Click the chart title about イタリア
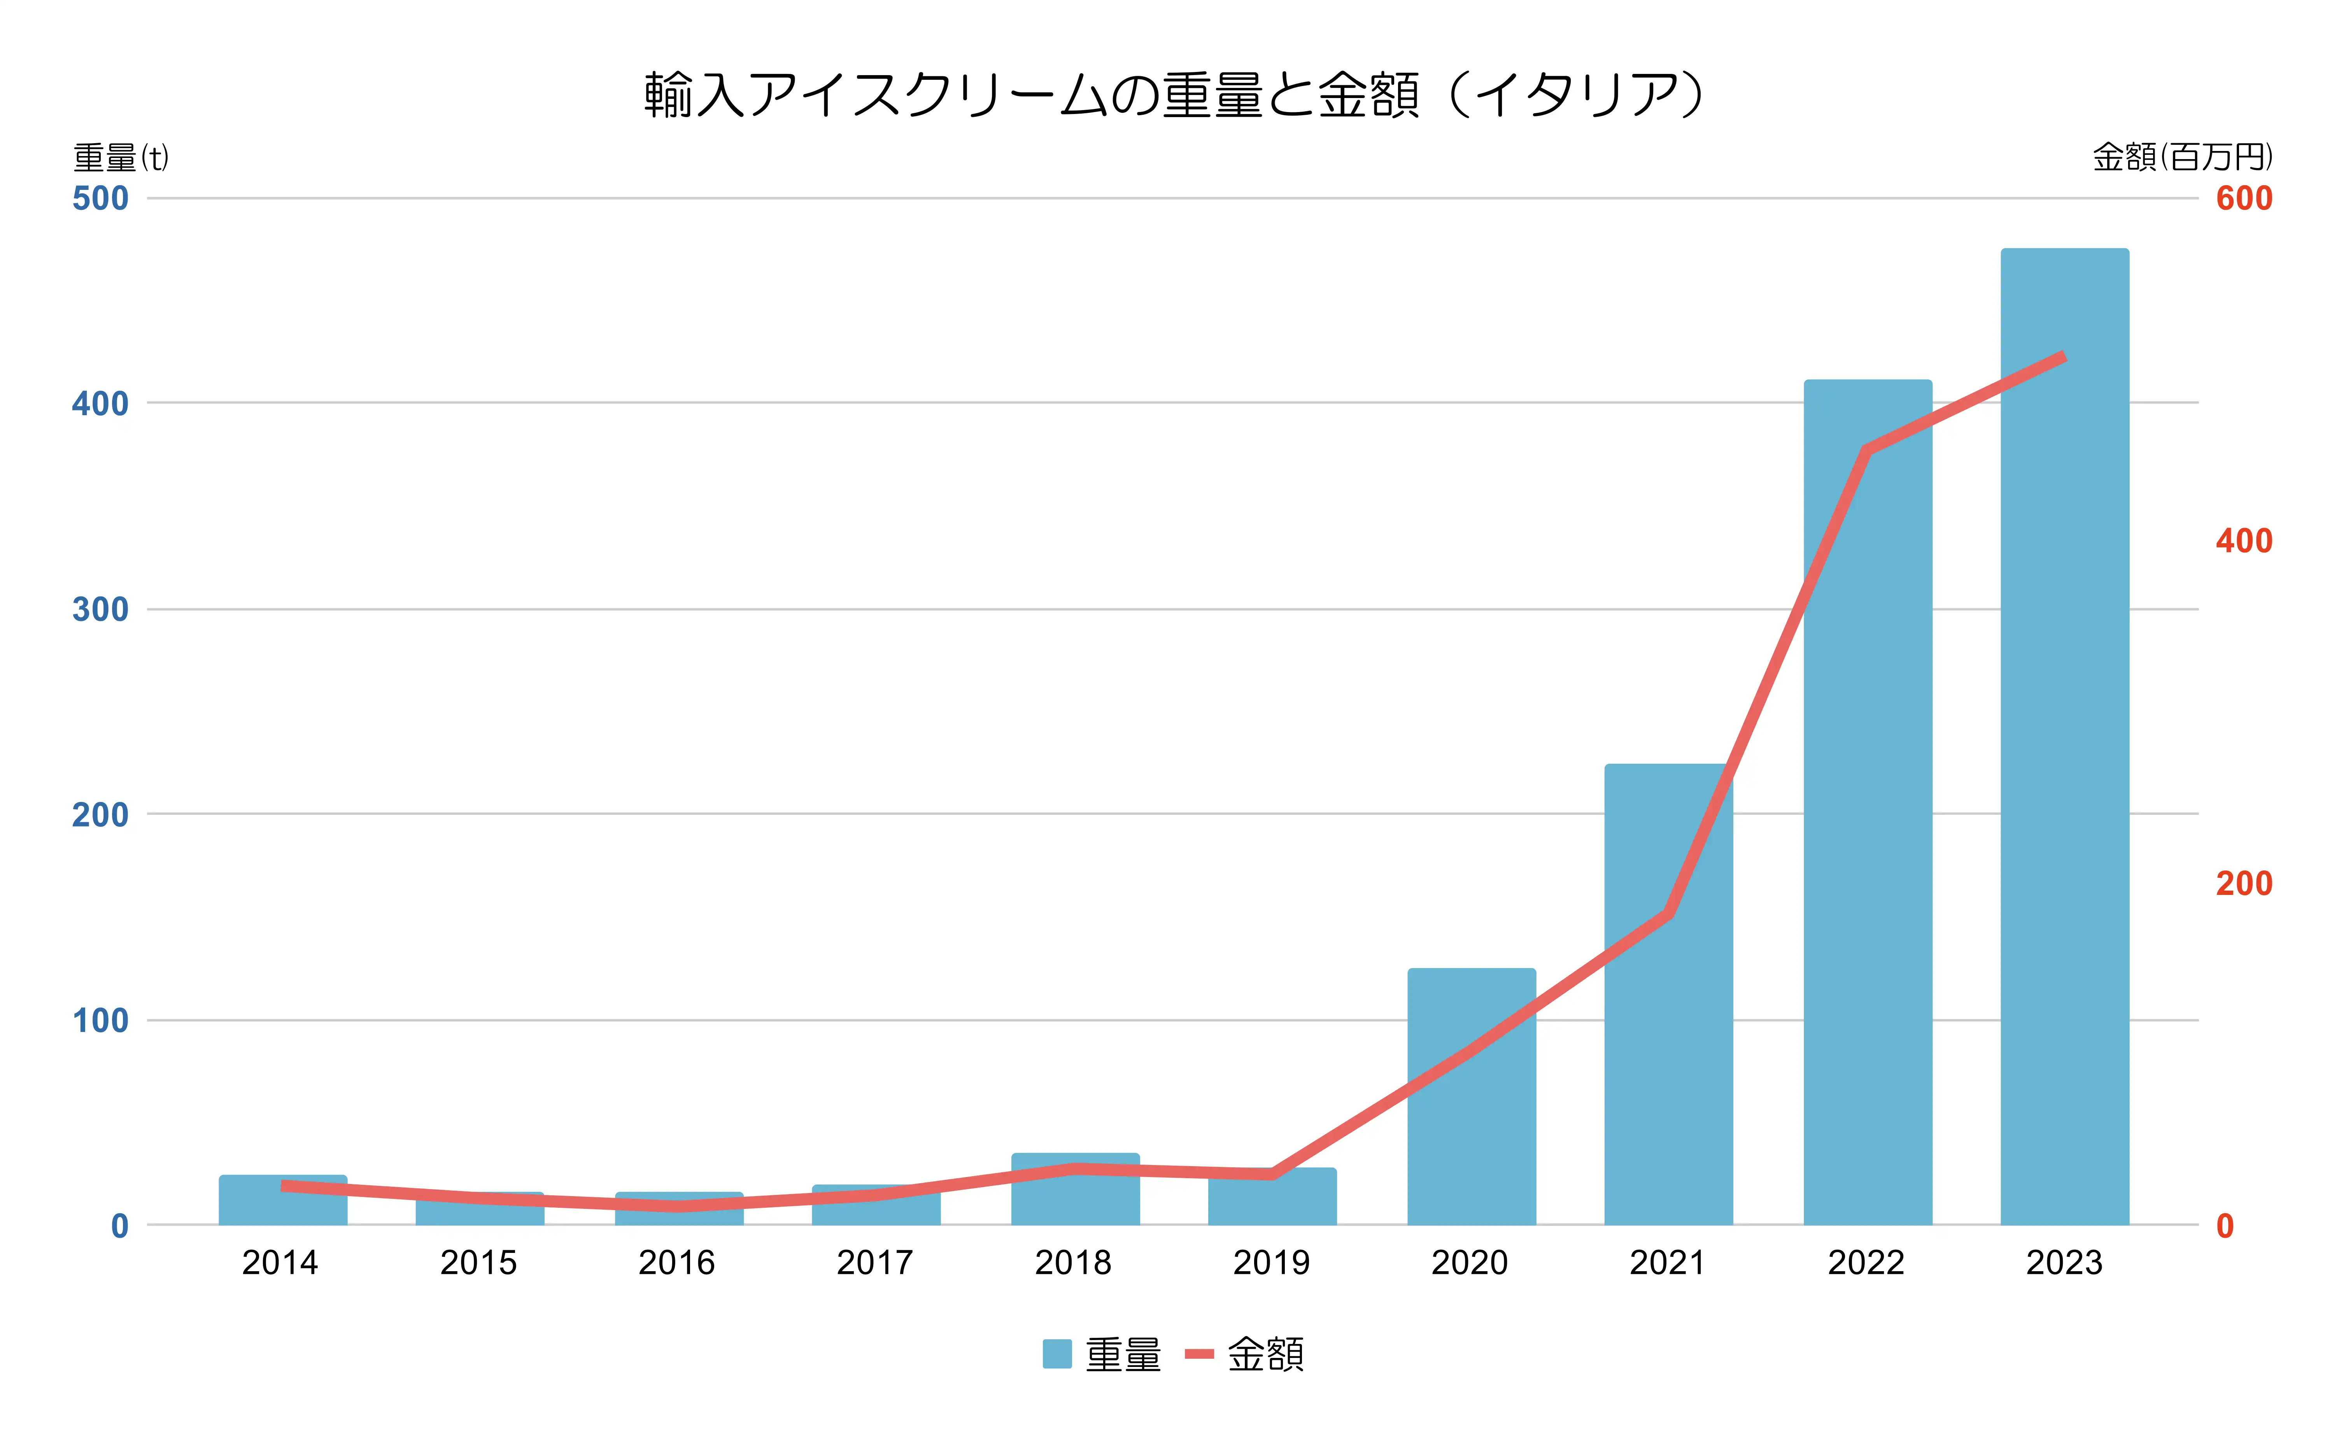click(1173, 95)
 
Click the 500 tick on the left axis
click(100, 199)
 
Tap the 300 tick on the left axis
click(100, 609)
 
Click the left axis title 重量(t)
click(121, 157)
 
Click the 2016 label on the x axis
click(676, 1263)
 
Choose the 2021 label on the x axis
click(1667, 1263)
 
